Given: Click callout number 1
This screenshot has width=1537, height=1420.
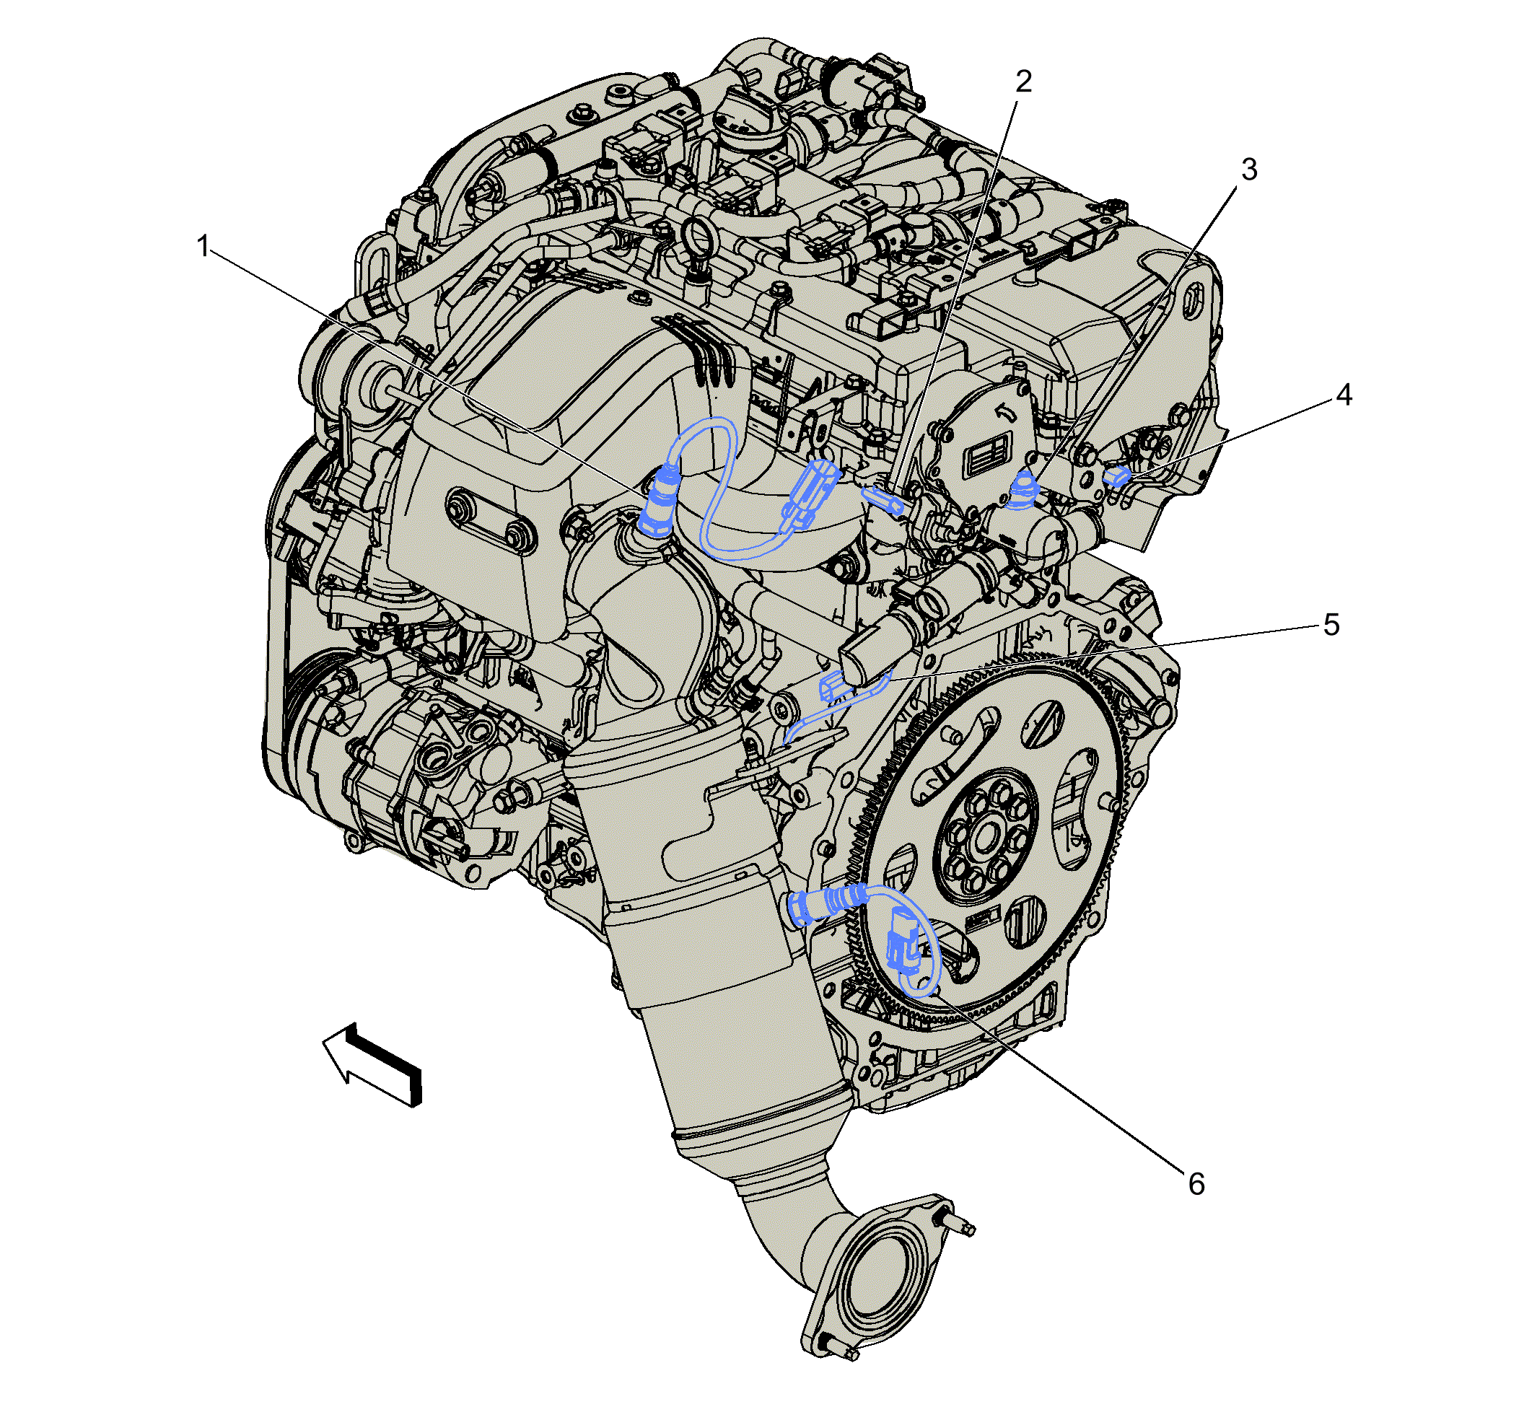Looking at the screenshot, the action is point(203,247).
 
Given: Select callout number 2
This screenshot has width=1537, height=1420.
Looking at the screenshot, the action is point(1024,82).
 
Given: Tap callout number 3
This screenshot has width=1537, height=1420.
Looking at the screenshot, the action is point(1250,170).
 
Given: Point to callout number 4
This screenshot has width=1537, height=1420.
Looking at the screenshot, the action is point(1344,395).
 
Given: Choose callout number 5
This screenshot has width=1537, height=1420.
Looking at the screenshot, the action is point(1332,626).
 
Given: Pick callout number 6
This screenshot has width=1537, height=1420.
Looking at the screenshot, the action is point(1196,1185).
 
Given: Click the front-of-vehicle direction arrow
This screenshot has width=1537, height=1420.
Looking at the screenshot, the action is point(372,1065).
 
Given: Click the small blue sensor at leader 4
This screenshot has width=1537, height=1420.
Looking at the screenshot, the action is point(1116,476).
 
